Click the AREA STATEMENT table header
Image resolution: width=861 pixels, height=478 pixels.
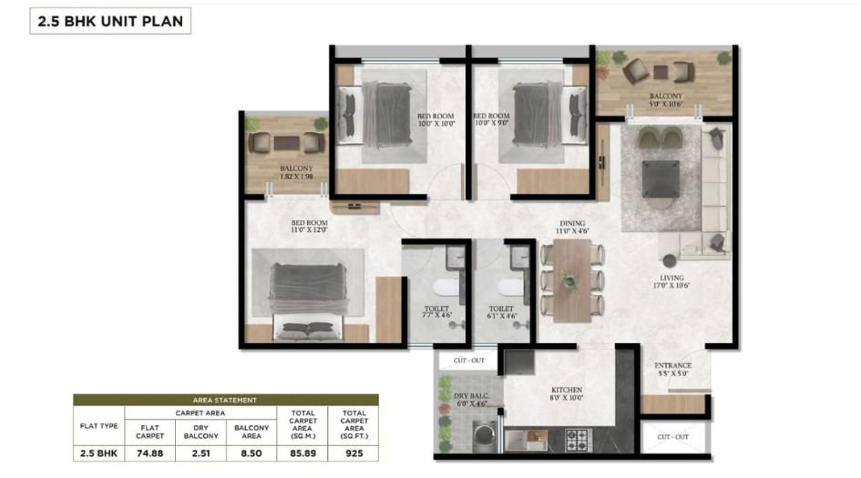pyautogui.click(x=225, y=399)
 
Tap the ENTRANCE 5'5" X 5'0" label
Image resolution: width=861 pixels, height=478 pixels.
pyautogui.click(x=673, y=370)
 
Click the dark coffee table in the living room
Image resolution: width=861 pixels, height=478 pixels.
pyautogui.click(x=661, y=178)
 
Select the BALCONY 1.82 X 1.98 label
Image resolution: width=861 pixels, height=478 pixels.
pyautogui.click(x=296, y=172)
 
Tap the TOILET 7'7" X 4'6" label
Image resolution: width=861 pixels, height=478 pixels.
pyautogui.click(x=436, y=312)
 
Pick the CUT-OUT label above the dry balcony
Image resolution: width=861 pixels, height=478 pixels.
pyautogui.click(x=468, y=361)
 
